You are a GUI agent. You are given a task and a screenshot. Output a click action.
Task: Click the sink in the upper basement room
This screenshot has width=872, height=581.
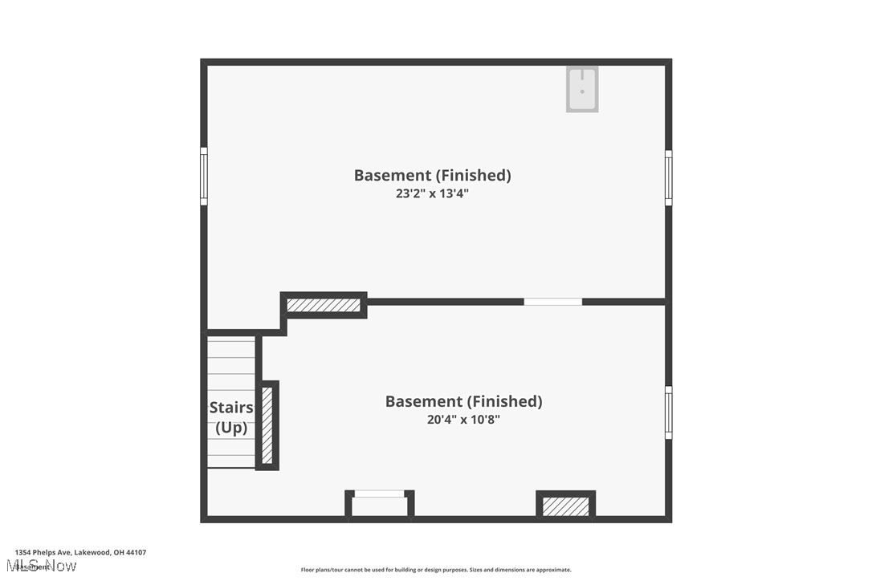(582, 88)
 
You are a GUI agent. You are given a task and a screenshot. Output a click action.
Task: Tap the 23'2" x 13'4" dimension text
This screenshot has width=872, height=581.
(433, 193)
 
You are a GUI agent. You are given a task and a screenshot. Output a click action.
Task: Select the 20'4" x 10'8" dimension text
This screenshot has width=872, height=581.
(464, 419)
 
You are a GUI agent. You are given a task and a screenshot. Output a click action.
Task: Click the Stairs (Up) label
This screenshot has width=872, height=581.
(231, 417)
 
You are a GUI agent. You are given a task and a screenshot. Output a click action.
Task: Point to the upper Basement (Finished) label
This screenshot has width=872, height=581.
(433, 175)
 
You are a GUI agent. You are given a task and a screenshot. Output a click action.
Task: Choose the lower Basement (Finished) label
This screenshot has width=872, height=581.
(464, 401)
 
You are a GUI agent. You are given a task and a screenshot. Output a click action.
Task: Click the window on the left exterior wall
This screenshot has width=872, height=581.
(204, 177)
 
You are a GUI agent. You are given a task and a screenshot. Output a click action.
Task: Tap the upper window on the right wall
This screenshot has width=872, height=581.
(669, 177)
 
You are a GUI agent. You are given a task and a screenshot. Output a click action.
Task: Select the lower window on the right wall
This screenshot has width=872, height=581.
(669, 412)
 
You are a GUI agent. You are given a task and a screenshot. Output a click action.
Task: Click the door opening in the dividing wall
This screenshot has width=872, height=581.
(552, 302)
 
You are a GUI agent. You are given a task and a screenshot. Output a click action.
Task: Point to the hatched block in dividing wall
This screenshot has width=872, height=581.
(324, 305)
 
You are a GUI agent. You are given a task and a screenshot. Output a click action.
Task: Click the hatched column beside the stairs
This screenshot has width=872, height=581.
(267, 425)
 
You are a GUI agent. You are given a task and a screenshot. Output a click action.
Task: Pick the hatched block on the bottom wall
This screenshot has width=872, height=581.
(565, 506)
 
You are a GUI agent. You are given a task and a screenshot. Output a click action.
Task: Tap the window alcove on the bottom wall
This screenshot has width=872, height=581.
(380, 504)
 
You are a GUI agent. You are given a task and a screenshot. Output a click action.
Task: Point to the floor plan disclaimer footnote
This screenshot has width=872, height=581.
(436, 570)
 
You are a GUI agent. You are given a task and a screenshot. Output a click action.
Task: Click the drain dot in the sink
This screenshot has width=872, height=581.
(582, 91)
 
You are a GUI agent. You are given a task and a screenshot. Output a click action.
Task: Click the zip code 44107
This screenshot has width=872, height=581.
(136, 552)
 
